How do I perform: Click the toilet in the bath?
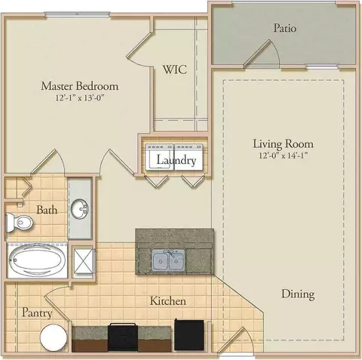click(19, 222)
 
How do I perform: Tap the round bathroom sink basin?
click(79, 208)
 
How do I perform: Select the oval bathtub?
click(37, 260)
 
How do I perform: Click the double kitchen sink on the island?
click(168, 260)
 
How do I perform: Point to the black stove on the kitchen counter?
click(123, 337)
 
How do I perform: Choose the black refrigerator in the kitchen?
click(189, 334)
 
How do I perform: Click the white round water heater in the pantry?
click(54, 337)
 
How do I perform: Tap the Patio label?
click(285, 28)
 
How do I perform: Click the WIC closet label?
click(175, 69)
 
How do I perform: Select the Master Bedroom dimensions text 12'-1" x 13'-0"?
click(80, 97)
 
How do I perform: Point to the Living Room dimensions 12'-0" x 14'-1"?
click(284, 155)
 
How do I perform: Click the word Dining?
click(298, 294)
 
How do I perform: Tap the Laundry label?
click(176, 160)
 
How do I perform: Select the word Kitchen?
click(168, 301)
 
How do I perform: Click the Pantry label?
click(37, 312)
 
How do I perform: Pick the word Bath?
click(47, 210)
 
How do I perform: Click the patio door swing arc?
click(277, 51)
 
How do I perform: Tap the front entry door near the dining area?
click(234, 340)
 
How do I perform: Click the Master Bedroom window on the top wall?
click(78, 14)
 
